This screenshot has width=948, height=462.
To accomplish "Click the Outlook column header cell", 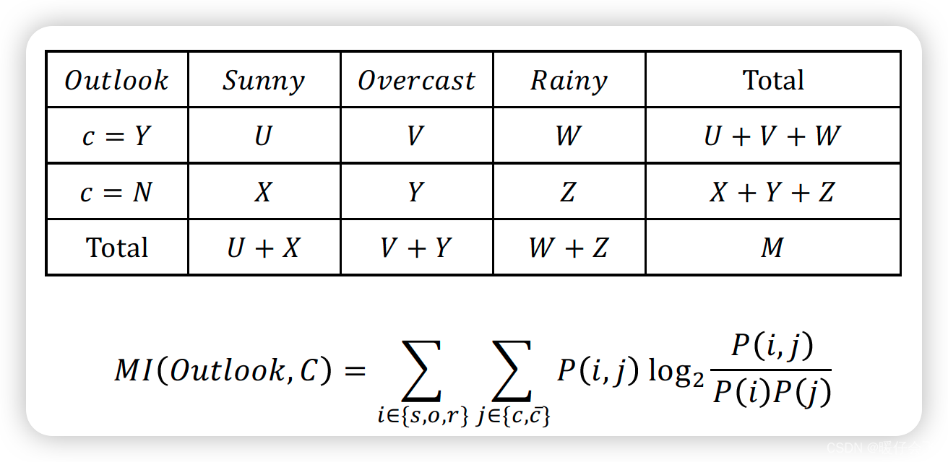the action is [116, 80].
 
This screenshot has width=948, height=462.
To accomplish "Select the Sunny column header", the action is [264, 80].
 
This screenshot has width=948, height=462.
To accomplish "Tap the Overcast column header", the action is [417, 80].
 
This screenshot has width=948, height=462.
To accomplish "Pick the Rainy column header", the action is [569, 80].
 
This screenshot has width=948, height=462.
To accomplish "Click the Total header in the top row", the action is [773, 80].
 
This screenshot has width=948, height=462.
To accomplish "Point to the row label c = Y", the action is [116, 136].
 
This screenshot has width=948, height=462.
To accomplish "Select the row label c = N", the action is [116, 192].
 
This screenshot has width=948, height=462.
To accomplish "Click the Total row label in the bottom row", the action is [116, 248].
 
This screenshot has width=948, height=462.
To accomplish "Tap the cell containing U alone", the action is [264, 136].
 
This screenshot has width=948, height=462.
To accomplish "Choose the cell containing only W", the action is [568, 136].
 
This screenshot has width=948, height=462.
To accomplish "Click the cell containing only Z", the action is [568, 192].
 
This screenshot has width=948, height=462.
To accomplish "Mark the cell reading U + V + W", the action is [772, 136].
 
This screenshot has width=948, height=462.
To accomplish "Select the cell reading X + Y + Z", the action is [772, 192].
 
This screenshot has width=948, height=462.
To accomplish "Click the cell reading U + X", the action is [264, 248].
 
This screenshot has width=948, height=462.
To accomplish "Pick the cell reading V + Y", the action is [416, 248].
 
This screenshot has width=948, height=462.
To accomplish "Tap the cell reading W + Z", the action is [568, 248].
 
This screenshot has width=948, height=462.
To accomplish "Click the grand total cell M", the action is [772, 248].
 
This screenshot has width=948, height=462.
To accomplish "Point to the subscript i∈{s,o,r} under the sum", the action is [423, 417].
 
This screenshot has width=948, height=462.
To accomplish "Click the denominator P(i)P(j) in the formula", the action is [771, 393].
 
